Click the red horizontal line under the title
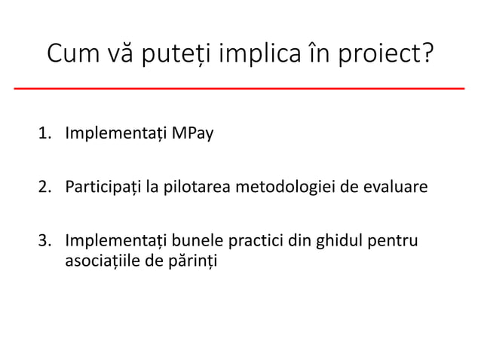tap(240, 88)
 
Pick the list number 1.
tap(45, 136)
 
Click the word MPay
tap(192, 136)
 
